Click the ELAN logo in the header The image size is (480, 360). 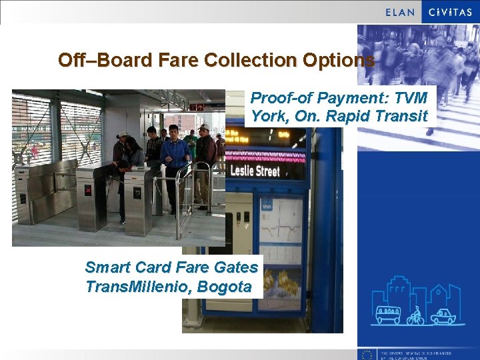point(400,12)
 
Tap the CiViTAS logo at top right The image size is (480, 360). point(450,12)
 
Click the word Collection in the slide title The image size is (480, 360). point(250,60)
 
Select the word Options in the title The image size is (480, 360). point(338,60)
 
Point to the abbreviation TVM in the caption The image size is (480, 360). point(410,98)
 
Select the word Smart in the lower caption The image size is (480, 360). point(107,267)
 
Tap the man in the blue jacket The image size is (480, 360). point(175,160)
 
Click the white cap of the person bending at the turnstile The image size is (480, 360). point(123,135)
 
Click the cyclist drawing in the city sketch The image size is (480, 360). point(416,315)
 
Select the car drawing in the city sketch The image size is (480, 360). point(443,315)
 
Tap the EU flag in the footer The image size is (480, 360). point(367,354)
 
